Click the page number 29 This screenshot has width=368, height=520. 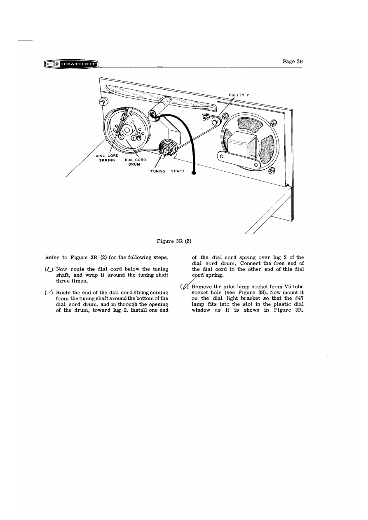coord(293,61)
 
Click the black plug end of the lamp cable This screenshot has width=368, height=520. coord(194,173)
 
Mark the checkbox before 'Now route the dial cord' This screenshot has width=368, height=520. coord(49,270)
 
